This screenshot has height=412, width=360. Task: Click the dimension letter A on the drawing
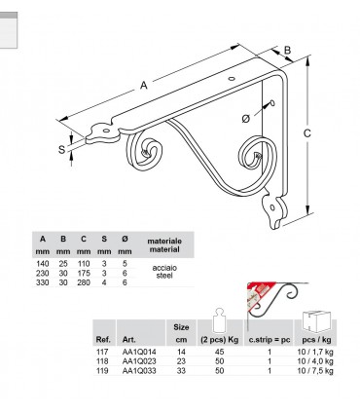[144, 85]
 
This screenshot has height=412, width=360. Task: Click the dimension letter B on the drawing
[287, 50]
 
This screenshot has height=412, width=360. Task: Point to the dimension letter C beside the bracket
[306, 133]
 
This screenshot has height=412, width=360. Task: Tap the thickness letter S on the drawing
[61, 150]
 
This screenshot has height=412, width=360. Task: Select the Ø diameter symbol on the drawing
[246, 119]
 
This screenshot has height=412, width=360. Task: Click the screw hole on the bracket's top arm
[232, 79]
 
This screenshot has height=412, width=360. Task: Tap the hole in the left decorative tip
[106, 131]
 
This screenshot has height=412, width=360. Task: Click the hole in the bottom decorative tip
[272, 207]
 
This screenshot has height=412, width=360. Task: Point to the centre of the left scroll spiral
[144, 152]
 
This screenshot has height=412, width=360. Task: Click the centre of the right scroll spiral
[258, 156]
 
